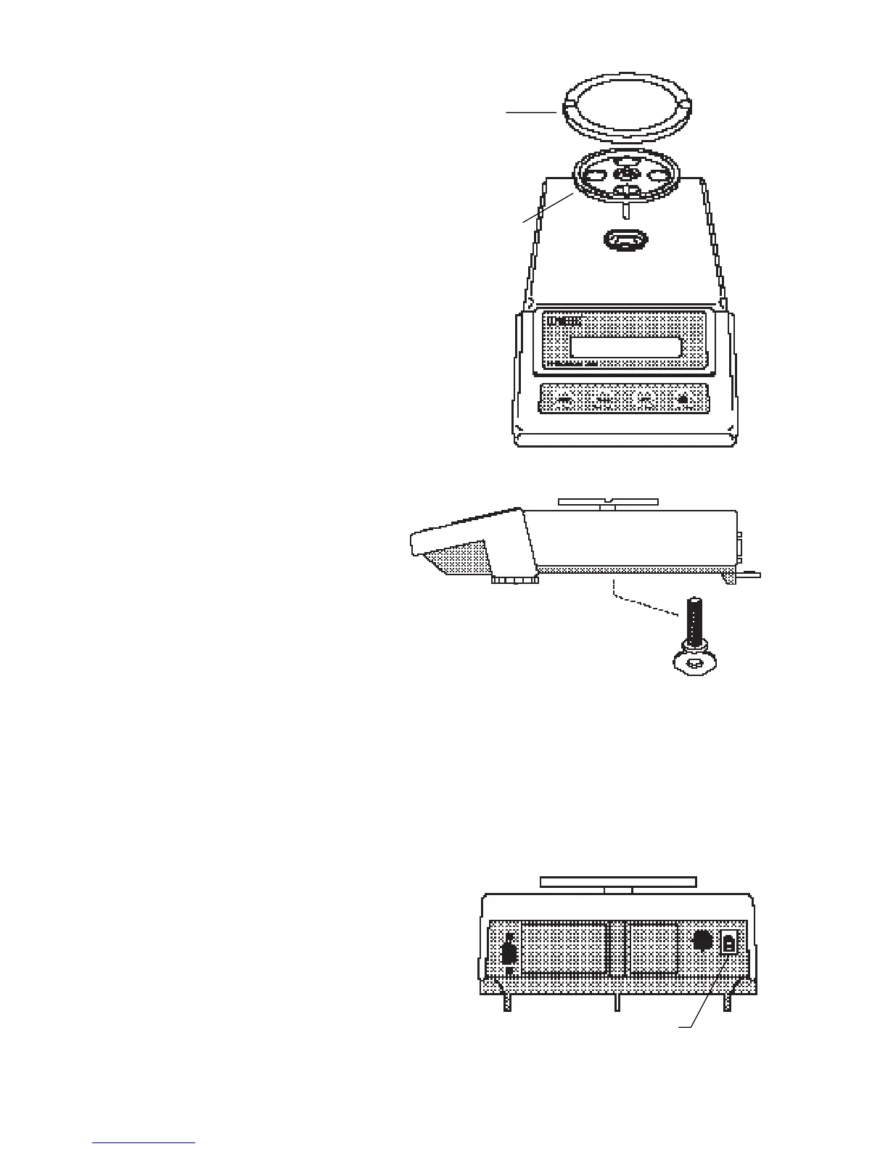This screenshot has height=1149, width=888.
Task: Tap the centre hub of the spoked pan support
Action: (x=624, y=173)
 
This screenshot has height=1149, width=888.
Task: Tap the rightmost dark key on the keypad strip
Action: (x=683, y=398)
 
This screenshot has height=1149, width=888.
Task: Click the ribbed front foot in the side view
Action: (x=515, y=580)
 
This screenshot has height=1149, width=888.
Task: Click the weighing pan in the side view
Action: (x=608, y=501)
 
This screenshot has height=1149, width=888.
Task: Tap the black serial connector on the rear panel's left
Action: (x=509, y=953)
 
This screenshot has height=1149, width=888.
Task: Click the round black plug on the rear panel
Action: (x=701, y=941)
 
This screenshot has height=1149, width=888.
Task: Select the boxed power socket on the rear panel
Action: (x=728, y=943)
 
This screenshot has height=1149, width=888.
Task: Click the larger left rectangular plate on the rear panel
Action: (x=564, y=948)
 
